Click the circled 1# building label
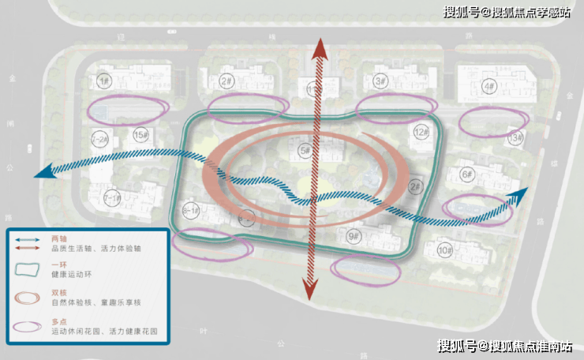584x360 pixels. pos(103,81)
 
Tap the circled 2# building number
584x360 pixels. pos(226,81)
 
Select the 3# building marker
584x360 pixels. pos(380,81)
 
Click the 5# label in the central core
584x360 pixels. pos(305,150)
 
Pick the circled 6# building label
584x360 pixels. pos(466,174)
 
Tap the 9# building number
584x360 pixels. pos(353,235)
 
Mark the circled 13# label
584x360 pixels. pos(516,139)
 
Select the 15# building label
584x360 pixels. pos(140,136)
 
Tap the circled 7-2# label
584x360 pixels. pos(100,139)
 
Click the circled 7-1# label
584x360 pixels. pos(113,197)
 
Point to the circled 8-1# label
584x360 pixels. pos(191,211)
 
